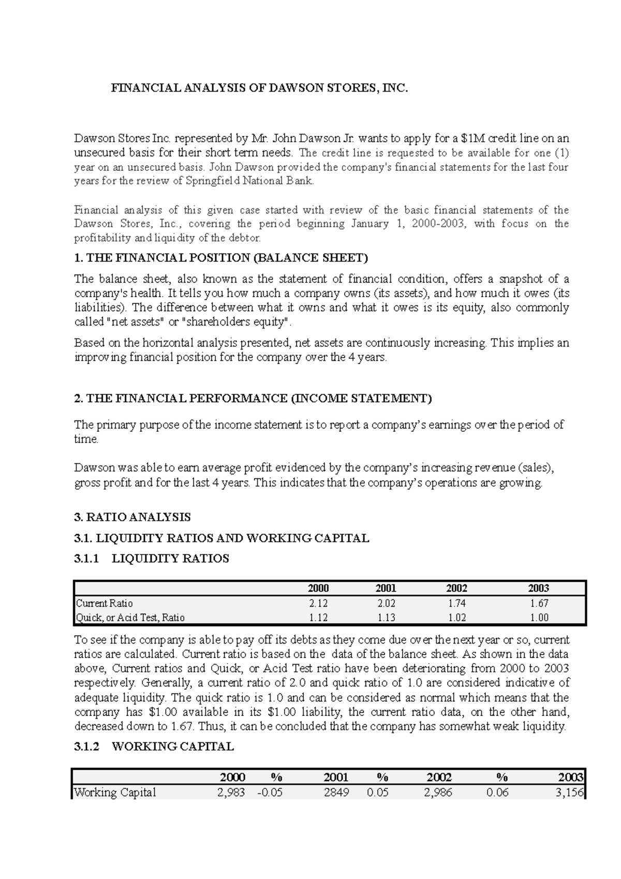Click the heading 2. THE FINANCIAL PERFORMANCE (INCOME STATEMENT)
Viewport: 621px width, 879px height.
[x=253, y=399]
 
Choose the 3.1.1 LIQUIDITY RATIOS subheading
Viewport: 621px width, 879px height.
[x=152, y=559]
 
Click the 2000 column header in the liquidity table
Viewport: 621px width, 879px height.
[x=318, y=588]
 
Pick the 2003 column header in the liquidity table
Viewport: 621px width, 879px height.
[x=538, y=588]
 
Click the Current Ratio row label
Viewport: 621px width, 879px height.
[x=105, y=604]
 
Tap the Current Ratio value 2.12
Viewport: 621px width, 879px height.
[x=318, y=604]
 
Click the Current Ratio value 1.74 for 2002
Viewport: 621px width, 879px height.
[x=457, y=604]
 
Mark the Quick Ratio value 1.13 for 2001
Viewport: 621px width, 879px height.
[x=386, y=618]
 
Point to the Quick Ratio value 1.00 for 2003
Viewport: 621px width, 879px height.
[x=538, y=618]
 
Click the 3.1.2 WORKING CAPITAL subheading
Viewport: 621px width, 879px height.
[x=154, y=746]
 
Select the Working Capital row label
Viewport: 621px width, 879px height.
[x=115, y=793]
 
